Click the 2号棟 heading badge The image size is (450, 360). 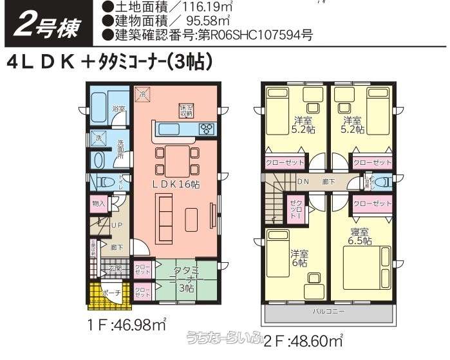point(46,25)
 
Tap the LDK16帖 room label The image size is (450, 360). point(176,184)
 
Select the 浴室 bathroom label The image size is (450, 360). point(118,109)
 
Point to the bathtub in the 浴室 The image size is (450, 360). point(98,104)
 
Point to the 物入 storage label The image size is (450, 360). point(98,204)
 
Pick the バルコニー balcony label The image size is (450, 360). point(328,311)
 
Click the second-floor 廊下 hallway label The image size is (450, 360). point(328,182)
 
